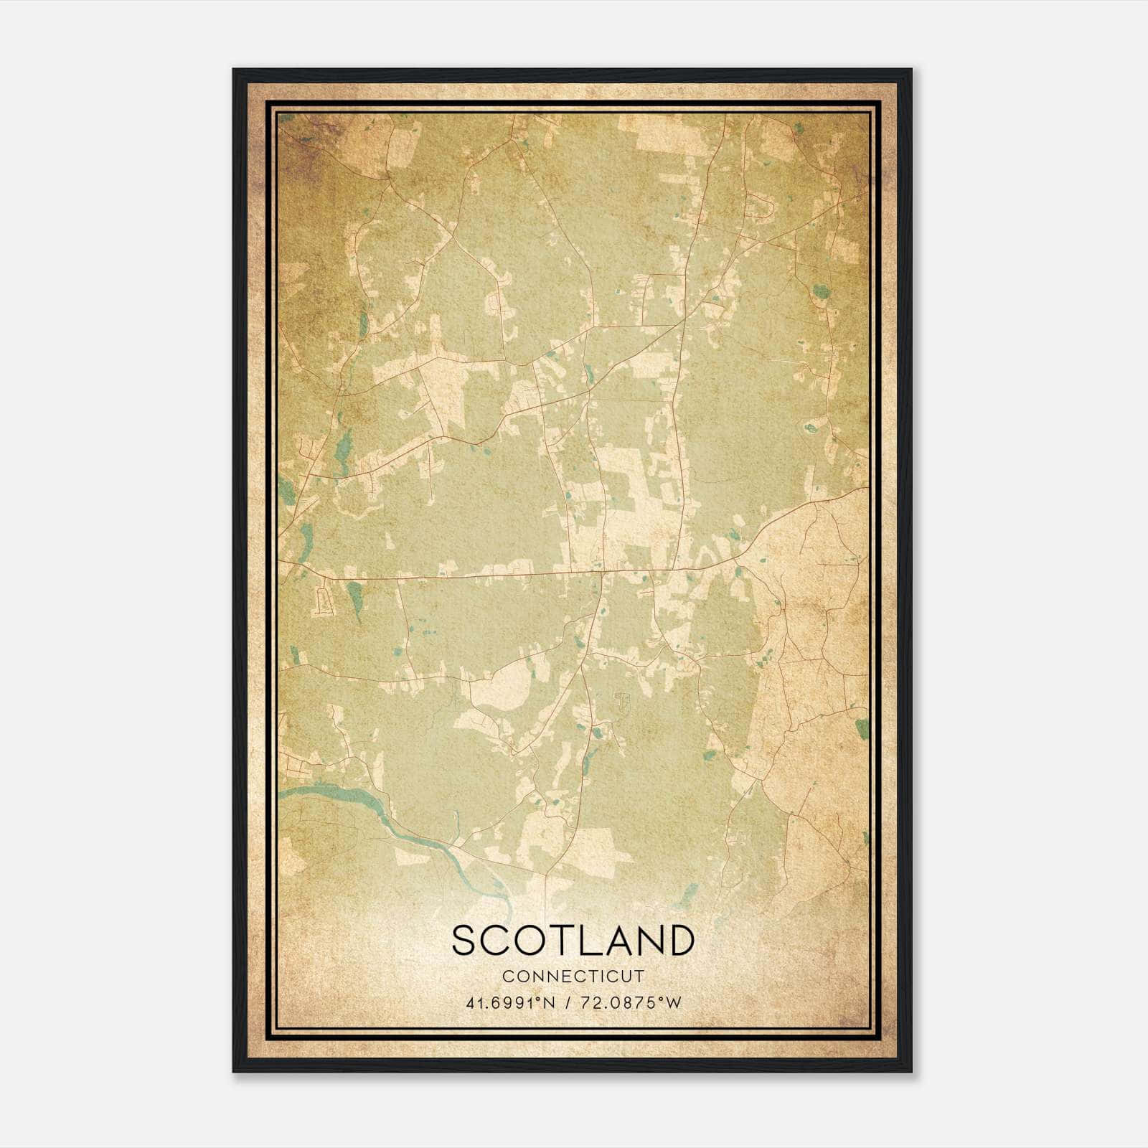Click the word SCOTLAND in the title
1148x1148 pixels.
click(x=573, y=941)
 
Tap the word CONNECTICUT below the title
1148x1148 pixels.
click(x=573, y=977)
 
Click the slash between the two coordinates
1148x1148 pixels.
click(x=568, y=1003)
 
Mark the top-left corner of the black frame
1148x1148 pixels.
click(x=234, y=70)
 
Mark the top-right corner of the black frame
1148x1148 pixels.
click(x=911, y=70)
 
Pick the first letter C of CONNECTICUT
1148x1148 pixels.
click(x=507, y=977)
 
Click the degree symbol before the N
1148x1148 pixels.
click(x=540, y=999)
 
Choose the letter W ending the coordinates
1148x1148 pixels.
click(x=672, y=1003)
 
